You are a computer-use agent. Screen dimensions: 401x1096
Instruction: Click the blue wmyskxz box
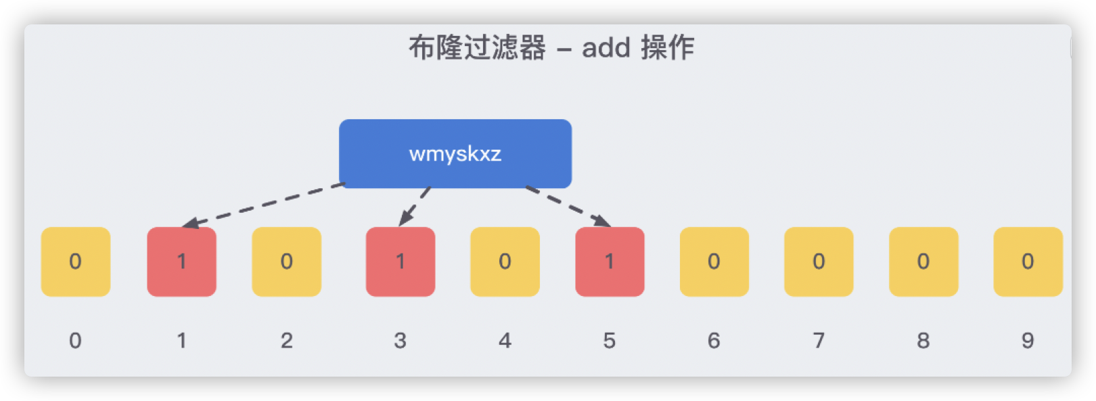(455, 154)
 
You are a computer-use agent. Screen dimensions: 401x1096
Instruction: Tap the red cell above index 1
(181, 261)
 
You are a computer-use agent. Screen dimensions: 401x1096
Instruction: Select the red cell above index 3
(400, 261)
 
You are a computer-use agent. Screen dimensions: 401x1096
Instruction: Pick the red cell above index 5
(610, 261)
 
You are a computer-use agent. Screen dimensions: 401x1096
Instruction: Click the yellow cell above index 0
(75, 261)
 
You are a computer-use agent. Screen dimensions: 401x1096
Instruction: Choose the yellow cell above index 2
(286, 261)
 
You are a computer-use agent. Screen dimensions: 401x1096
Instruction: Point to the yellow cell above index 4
(505, 261)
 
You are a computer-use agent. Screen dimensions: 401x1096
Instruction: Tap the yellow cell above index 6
(714, 261)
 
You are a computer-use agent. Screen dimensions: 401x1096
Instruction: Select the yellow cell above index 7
(819, 261)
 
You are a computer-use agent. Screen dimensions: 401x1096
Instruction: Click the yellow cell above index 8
(923, 261)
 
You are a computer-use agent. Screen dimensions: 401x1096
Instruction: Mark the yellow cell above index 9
(1028, 261)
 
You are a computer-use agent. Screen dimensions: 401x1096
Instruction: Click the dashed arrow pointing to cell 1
(264, 204)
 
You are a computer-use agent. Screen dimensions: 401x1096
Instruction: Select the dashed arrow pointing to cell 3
(415, 205)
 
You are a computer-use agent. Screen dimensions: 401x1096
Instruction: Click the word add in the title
(606, 48)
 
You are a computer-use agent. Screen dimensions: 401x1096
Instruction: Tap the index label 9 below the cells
(1028, 340)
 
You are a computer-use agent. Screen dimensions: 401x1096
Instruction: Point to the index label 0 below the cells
(75, 340)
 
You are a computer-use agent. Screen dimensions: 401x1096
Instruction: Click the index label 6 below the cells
(714, 340)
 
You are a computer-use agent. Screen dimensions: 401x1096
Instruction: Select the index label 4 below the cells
(505, 340)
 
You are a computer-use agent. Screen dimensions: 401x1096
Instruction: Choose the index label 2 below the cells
(286, 340)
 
